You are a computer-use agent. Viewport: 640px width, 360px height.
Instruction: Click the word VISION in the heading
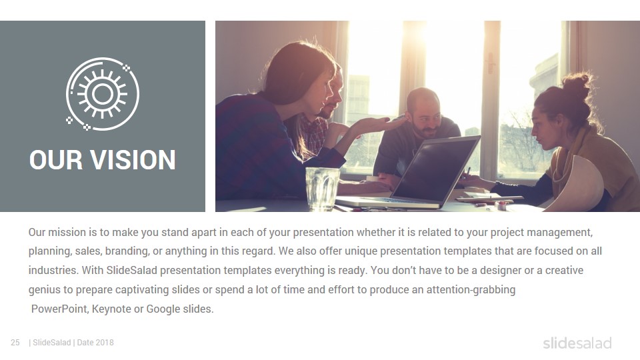pos(133,159)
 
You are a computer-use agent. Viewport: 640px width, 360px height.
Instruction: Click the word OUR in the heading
pos(56,159)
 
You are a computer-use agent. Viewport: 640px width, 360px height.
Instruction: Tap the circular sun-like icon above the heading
pos(103,94)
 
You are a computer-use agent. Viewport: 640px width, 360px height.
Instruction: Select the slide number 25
pos(15,343)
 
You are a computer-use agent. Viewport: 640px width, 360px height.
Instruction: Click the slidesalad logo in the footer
pos(577,343)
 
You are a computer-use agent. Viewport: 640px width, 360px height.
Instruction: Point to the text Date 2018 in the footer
pos(95,343)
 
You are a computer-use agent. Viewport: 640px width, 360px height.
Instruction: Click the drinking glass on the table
pos(323,188)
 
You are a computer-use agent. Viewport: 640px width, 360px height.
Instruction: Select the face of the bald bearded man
pos(425,114)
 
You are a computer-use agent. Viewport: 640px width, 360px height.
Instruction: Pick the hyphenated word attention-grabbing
pos(471,290)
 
